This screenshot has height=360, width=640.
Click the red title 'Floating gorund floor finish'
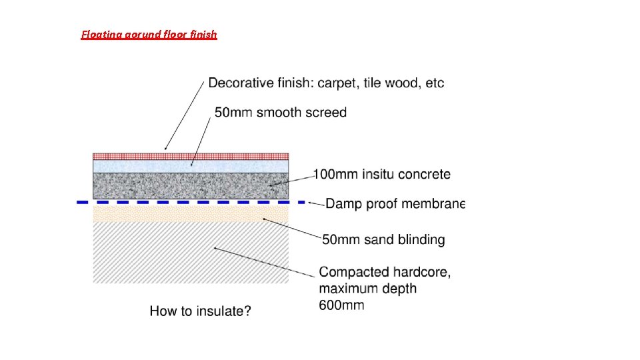(x=149, y=34)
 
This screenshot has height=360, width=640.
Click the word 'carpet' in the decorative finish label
(x=338, y=83)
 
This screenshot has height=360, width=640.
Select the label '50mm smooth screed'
(x=281, y=112)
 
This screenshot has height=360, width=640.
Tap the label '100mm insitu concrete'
(x=382, y=175)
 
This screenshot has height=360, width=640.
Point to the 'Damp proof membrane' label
(x=395, y=203)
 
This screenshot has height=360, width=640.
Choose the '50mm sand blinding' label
(x=383, y=239)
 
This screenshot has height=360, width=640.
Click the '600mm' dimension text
(x=341, y=305)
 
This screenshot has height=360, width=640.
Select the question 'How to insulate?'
(x=200, y=311)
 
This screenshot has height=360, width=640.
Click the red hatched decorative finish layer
(x=191, y=156)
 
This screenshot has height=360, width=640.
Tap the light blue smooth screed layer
(x=191, y=166)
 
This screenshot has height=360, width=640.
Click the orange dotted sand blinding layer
(x=191, y=213)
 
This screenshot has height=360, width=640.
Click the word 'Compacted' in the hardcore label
(x=353, y=272)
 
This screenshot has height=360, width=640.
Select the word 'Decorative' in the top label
(x=240, y=83)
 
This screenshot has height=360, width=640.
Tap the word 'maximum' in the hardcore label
(x=348, y=289)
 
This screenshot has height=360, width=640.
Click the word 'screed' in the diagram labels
(x=326, y=112)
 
